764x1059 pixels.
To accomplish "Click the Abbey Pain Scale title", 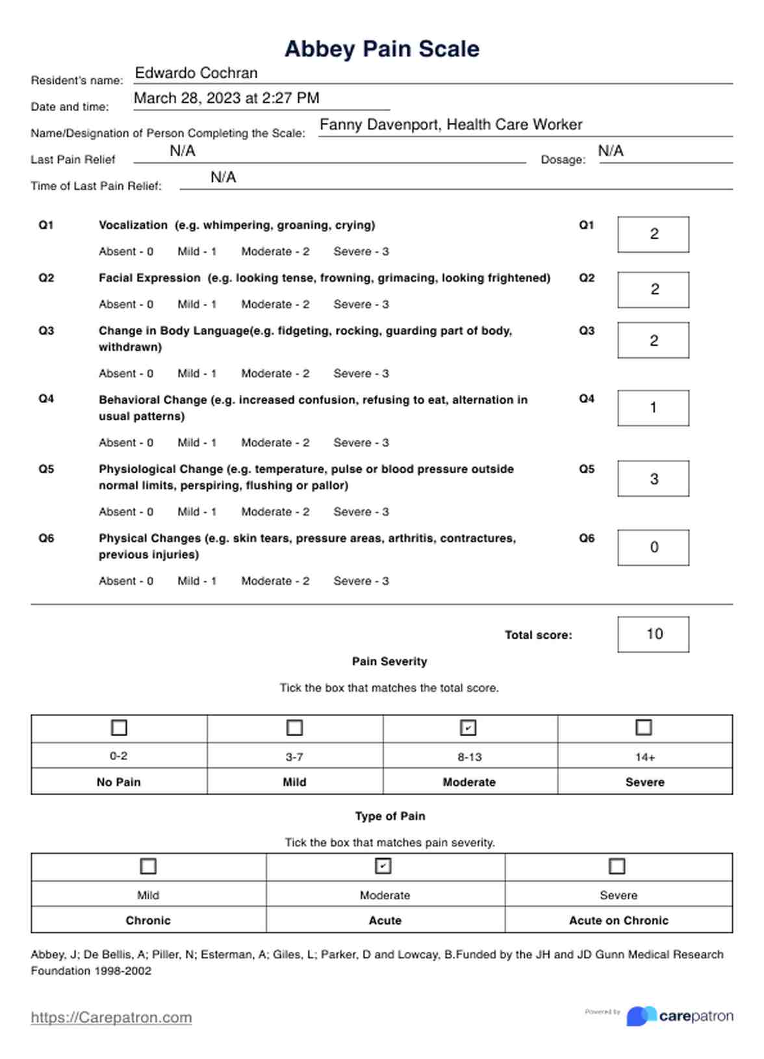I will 382,49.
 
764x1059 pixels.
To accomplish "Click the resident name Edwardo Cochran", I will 196,73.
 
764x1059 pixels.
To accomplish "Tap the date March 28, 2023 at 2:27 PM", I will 226,98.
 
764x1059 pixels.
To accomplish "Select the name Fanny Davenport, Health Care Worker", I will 451,125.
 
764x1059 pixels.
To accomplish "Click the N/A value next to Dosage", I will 610,151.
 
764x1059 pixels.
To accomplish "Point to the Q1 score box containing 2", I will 653,234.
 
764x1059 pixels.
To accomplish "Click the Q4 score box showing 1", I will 653,408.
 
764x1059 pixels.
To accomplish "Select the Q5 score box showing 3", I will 653,479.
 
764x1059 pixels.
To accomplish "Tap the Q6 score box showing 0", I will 653,548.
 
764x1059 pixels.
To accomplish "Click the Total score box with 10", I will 653,634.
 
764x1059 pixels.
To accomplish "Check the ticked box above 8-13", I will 468,728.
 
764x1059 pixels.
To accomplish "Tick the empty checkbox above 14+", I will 643,728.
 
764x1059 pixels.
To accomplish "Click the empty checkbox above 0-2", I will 119,728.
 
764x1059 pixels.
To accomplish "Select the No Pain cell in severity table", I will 119,782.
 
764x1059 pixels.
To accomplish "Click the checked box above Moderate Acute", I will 383,866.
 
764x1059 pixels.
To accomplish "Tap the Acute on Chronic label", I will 618,921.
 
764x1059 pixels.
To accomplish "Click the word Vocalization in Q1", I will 133,225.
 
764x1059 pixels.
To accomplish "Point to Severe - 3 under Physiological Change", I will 361,512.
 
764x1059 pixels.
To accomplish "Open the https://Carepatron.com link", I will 111,1017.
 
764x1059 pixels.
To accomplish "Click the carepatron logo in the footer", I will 680,1016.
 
